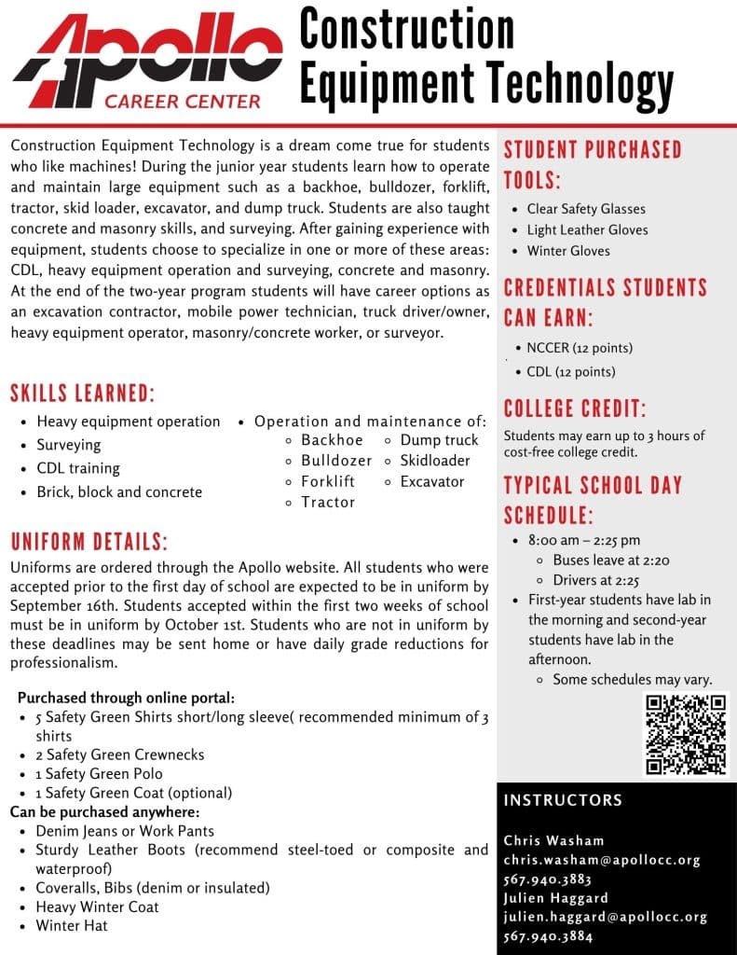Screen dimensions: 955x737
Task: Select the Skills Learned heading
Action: click(83, 392)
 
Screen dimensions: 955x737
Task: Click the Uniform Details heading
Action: click(89, 543)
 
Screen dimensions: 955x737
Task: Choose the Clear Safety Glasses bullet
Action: click(585, 209)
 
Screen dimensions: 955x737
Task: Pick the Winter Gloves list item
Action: click(568, 250)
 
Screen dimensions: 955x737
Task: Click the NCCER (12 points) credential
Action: click(579, 348)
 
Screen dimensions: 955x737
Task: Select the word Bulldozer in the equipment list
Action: click(335, 461)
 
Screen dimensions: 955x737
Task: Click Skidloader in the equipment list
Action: click(435, 461)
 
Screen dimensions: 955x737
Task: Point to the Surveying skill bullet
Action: click(68, 445)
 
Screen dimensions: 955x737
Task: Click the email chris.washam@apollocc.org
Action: click(601, 860)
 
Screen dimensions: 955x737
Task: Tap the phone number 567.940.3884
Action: click(548, 936)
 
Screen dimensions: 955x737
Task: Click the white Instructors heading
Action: click(563, 800)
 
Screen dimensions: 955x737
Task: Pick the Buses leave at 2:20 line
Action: click(610, 561)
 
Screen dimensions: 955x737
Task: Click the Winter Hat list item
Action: click(72, 926)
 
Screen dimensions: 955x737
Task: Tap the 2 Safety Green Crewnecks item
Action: click(119, 754)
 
